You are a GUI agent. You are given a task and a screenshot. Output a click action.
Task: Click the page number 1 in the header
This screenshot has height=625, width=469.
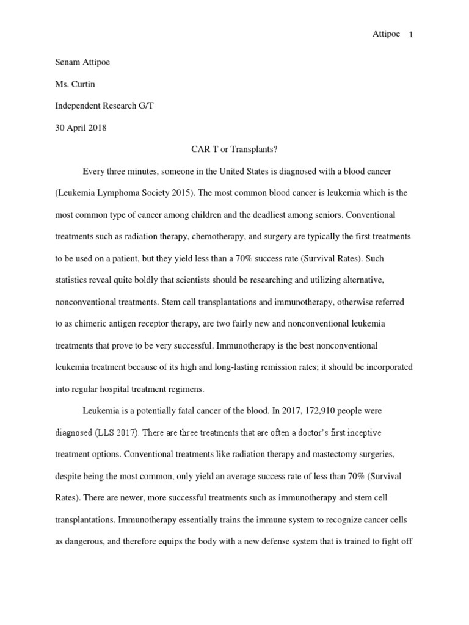click(x=412, y=35)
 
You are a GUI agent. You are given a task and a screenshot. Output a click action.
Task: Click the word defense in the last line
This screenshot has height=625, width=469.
click(x=288, y=542)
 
